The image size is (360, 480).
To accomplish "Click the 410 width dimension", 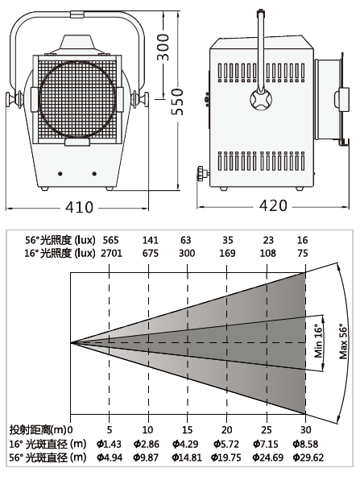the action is [79, 207].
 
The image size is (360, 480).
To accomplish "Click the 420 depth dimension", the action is [273, 205].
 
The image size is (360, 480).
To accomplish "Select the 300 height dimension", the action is [163, 47].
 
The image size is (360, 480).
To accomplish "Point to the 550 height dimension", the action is [177, 102].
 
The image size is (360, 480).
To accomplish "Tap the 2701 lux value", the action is [111, 254].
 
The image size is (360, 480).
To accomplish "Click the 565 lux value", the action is [110, 240].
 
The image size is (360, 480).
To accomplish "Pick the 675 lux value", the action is [151, 254].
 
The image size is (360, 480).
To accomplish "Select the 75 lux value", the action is [303, 254].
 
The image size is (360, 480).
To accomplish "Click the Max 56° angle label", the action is [343, 341].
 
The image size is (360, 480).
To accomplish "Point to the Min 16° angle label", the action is [318, 341].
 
